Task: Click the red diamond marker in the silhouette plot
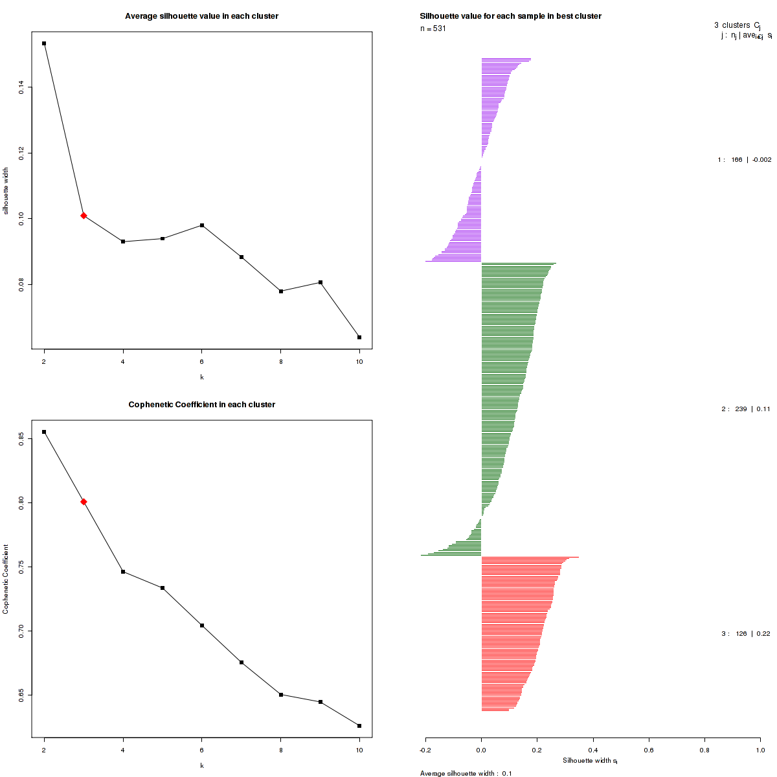tap(84, 216)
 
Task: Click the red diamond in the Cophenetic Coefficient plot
tap(84, 502)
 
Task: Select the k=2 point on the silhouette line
tap(44, 43)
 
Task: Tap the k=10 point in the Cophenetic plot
tap(359, 726)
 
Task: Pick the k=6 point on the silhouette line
tap(202, 225)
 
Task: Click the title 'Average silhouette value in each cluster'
tap(201, 16)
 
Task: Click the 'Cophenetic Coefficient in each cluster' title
tap(201, 405)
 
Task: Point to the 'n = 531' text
tap(433, 28)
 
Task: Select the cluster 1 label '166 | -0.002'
tap(744, 160)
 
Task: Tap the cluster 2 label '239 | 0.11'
tap(746, 409)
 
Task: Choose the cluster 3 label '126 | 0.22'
tap(746, 634)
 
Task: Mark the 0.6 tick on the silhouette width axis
tap(649, 750)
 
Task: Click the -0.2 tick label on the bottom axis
tap(425, 750)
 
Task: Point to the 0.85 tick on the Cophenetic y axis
tap(22, 439)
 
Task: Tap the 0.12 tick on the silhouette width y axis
tap(22, 153)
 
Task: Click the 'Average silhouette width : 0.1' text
tap(466, 773)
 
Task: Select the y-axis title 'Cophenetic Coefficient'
tap(6, 580)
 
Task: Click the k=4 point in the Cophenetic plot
tap(123, 572)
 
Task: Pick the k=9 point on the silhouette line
tap(321, 282)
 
